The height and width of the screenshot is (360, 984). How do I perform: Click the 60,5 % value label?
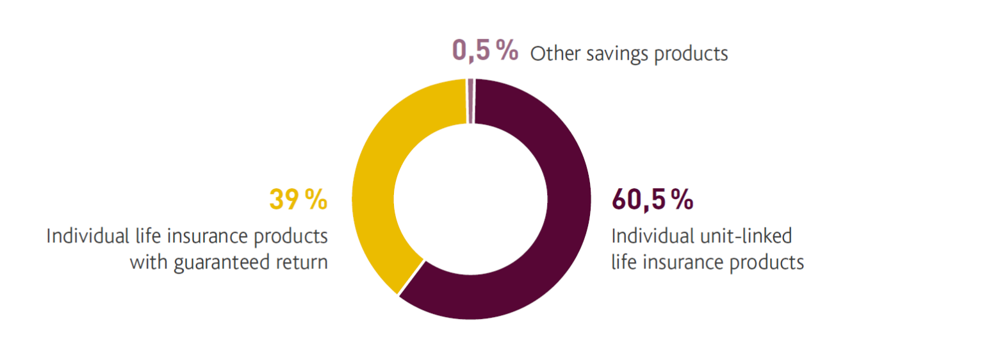(652, 200)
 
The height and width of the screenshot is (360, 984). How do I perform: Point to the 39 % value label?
(298, 200)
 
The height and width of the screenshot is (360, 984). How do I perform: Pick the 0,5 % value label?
(485, 51)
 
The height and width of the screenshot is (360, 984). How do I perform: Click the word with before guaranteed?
(145, 262)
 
